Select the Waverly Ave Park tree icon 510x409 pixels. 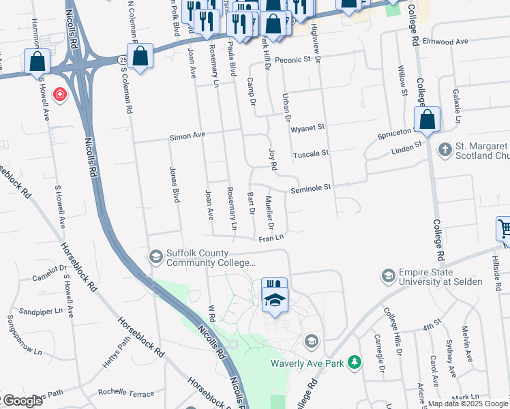[354, 362]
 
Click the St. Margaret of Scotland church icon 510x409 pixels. [444, 149]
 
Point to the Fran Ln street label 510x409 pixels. [270, 238]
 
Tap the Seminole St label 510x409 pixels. [312, 187]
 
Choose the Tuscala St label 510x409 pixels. [310, 154]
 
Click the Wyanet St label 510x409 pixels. [307, 127]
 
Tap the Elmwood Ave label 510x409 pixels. [446, 42]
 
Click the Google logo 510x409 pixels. [22, 401]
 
